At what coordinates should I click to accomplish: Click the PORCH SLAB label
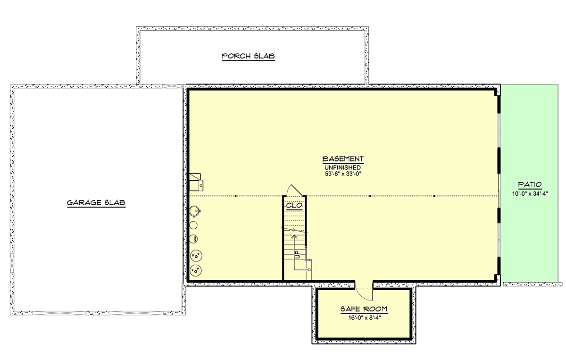249,56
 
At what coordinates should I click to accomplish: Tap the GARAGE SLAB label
96,202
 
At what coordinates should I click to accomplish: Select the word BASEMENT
343,159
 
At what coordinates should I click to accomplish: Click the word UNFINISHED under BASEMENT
342,167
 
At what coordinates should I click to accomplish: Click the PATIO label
530,184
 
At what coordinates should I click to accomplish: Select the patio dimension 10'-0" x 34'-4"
530,194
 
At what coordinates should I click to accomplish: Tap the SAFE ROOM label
364,309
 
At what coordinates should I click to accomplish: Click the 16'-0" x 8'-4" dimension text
365,318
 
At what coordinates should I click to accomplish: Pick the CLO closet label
294,205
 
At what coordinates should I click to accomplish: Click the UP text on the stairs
298,254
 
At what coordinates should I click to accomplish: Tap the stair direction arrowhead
294,237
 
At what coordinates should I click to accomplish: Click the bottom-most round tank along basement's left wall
196,271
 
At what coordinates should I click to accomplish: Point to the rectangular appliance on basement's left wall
196,182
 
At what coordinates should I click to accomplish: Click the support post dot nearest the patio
434,196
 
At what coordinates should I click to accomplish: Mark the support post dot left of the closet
236,196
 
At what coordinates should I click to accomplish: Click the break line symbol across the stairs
295,230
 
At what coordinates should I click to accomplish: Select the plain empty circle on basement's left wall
193,225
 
